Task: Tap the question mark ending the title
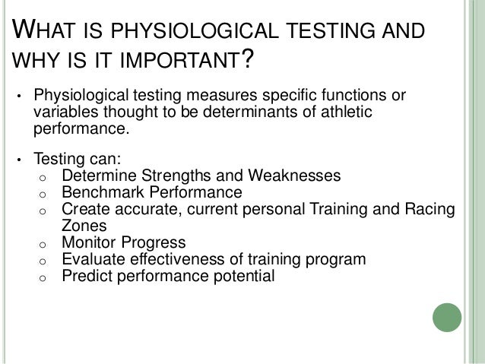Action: tap(245, 62)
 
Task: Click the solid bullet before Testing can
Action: tap(21, 160)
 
